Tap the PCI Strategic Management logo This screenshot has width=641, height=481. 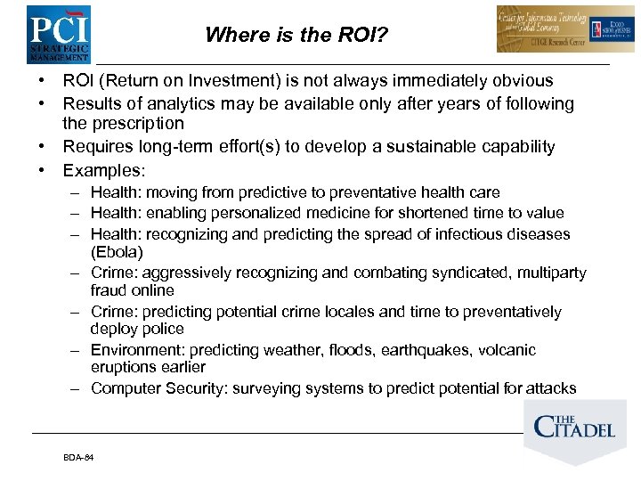click(x=58, y=33)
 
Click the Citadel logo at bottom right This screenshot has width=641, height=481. click(x=574, y=428)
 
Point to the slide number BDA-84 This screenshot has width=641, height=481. click(x=78, y=458)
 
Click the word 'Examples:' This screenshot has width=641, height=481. click(x=103, y=169)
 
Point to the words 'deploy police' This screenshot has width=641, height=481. click(x=137, y=329)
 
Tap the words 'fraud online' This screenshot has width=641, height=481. click(x=133, y=290)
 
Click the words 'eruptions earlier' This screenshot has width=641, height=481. click(x=148, y=367)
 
